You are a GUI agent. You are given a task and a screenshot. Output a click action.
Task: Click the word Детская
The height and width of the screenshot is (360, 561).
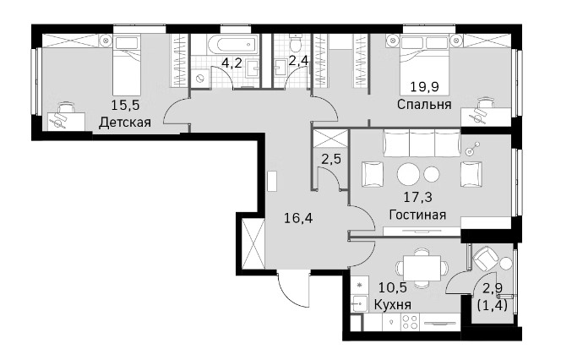pos(125,123)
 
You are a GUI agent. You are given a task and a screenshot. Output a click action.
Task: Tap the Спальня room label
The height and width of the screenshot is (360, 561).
pos(424,105)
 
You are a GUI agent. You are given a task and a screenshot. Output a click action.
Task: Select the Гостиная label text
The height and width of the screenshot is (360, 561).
pos(417,215)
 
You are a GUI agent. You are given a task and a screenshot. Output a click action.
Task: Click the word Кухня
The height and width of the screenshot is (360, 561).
pos(393,305)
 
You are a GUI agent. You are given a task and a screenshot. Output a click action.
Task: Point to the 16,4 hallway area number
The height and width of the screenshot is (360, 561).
pos(298,217)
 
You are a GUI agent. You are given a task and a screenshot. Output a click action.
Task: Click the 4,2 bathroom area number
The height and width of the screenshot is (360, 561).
pos(231,63)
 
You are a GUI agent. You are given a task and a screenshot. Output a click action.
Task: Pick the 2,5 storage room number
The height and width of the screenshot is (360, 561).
pos(331,159)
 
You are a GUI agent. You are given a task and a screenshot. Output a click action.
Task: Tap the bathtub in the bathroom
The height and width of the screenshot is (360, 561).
pos(231,45)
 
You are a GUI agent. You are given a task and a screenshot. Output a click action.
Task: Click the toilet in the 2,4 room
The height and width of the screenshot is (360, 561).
pos(296,43)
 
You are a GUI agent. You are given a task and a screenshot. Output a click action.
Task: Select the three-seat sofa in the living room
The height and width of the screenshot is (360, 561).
pos(422,143)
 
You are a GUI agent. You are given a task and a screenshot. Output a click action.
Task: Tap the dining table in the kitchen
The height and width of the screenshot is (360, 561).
pos(422,268)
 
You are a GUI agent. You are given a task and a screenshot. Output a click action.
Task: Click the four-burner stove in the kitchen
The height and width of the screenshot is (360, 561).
pos(410,321)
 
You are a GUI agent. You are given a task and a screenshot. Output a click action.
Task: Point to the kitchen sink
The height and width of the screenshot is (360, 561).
pos(359,304)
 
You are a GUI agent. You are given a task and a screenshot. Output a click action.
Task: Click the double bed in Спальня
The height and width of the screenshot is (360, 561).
pos(424,54)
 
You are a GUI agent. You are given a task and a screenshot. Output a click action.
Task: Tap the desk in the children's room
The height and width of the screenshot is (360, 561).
pos(66,121)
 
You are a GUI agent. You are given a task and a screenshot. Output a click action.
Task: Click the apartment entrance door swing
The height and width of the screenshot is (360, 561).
pos(292,291)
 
